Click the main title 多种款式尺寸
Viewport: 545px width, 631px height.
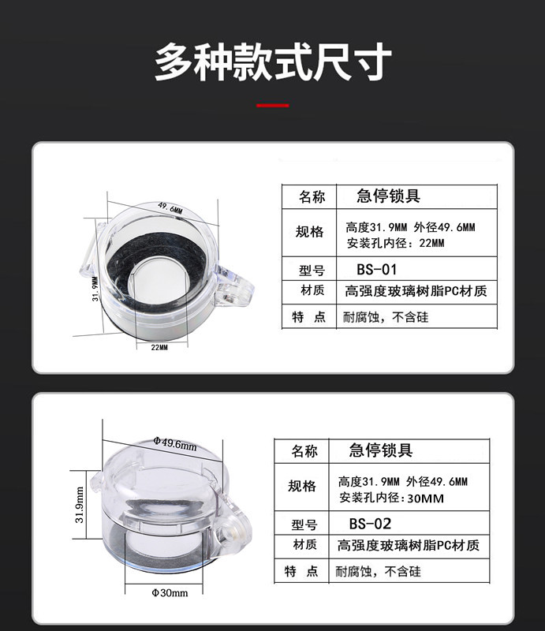(x=273, y=62)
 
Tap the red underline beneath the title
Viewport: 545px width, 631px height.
(x=273, y=106)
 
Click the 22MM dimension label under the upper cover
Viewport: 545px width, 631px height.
(x=159, y=347)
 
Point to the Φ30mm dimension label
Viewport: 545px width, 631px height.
(x=170, y=593)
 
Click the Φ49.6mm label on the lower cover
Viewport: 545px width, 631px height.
(x=174, y=443)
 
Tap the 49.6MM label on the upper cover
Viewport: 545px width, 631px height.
(x=170, y=208)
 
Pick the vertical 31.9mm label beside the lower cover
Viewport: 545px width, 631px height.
(x=80, y=505)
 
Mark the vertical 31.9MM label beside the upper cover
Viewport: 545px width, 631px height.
(x=95, y=289)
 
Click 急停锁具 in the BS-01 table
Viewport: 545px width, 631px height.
(x=388, y=196)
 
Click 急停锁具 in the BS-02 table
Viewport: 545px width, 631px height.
(x=381, y=450)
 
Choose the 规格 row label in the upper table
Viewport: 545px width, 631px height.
(x=309, y=232)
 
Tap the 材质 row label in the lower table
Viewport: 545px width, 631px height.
(x=304, y=544)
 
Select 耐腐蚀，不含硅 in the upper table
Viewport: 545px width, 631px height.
(x=386, y=317)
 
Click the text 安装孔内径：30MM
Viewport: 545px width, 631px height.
(x=392, y=498)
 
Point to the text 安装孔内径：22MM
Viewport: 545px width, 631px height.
(x=396, y=243)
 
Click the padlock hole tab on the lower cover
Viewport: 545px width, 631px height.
(x=233, y=528)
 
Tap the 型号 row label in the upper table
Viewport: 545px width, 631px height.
(x=312, y=271)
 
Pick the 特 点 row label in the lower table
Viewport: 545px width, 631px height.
(x=301, y=571)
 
